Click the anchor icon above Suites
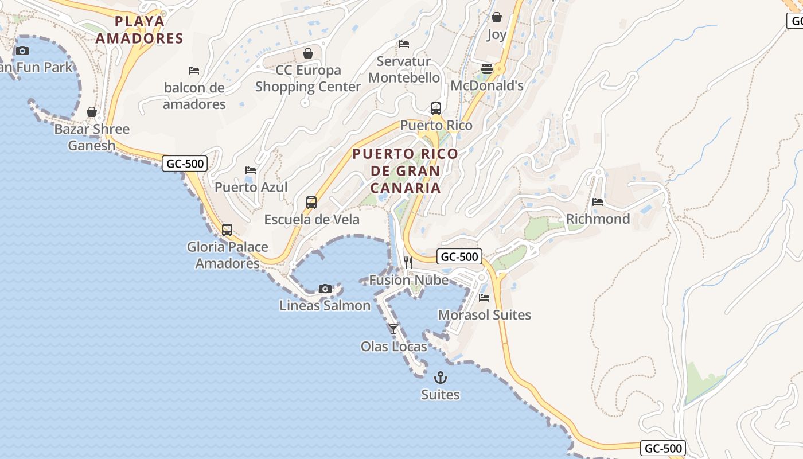pos(441,378)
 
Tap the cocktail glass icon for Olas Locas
pos(393,329)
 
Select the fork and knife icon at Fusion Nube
pos(408,263)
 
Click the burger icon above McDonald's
pos(487,69)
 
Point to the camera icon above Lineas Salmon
pos(325,289)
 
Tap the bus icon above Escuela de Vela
pos(311,203)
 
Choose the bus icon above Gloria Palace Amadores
pos(227,230)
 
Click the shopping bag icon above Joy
pos(497,17)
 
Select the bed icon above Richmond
pos(598,202)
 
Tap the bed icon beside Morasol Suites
pos(484,298)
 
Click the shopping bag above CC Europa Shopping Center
pos(308,53)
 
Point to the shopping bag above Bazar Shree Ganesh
pos(92,112)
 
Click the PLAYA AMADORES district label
pos(139,30)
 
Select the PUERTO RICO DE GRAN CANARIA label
pos(406,171)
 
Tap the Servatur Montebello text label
pos(404,69)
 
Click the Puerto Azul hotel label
pos(251,187)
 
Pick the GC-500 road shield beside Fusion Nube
pos(459,257)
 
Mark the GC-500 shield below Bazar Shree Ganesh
pos(184,164)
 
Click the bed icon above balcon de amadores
pos(194,71)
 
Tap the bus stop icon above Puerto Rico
pos(436,108)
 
